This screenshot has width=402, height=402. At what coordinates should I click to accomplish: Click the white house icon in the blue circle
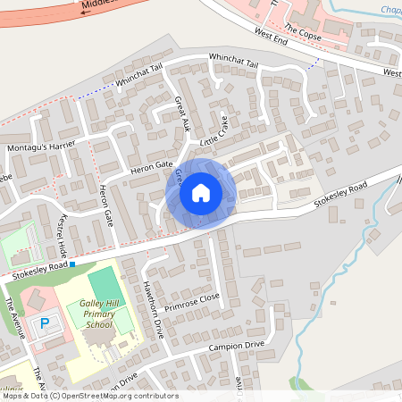[x=201, y=192]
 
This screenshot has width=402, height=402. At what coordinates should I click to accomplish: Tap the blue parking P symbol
[x=44, y=323]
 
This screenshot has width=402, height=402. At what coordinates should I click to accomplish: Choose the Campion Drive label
[x=237, y=346]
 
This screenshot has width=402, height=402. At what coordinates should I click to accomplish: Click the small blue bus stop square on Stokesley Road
[x=72, y=264]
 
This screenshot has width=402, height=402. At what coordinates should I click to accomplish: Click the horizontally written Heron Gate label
[x=150, y=165]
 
